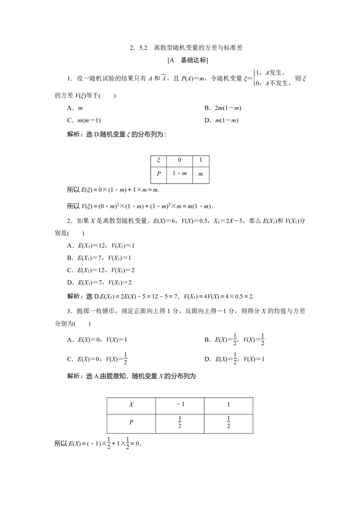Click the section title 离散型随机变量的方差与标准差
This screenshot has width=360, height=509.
point(198,48)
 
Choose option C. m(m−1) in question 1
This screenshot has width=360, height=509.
point(84,120)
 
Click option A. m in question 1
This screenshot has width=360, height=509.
point(75,108)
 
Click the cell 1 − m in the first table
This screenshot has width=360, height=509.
point(179,174)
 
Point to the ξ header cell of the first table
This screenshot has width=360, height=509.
point(158,160)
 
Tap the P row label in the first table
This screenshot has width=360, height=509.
point(158,174)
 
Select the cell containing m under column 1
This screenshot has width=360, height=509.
point(201,174)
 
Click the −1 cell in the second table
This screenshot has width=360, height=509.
point(180,404)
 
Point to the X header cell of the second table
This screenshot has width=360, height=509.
point(131,405)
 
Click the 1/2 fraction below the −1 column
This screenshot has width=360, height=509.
point(180,422)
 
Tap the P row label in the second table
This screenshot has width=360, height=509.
point(131,422)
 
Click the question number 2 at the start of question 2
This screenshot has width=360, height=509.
point(69,221)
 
